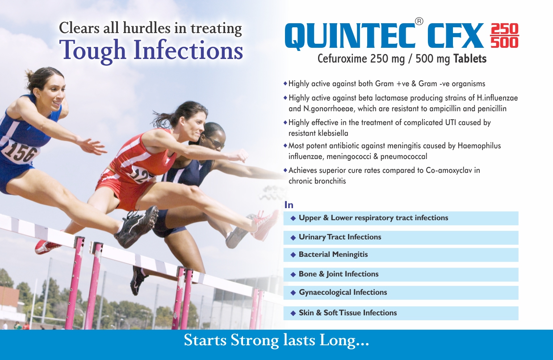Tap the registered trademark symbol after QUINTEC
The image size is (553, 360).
419,21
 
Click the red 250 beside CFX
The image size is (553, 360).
504,29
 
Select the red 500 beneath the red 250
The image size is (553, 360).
504,43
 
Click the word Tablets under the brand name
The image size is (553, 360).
470,59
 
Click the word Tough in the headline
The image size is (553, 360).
92,50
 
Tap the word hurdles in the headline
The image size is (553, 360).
147,28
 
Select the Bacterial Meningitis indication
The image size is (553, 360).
333,254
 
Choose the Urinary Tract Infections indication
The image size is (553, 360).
340,237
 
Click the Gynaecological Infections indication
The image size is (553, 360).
343,293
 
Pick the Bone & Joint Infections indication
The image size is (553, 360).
339,274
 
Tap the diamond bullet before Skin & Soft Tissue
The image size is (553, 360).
293,314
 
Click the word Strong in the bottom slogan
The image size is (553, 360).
255,340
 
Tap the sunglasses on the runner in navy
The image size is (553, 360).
217,143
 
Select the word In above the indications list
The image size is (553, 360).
289,205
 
